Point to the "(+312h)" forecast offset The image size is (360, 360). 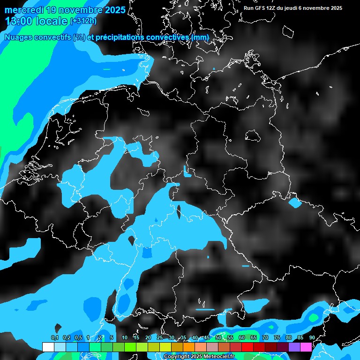[83, 21]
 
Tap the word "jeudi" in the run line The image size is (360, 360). [292, 8]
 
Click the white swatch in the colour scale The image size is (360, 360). [48, 347]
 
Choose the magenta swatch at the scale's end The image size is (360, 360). [306, 347]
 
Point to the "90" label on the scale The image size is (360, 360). [312, 338]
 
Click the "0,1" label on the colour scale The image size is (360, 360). [54, 338]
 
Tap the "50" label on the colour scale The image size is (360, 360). [218, 338]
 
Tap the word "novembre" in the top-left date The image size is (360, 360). [73, 9]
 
